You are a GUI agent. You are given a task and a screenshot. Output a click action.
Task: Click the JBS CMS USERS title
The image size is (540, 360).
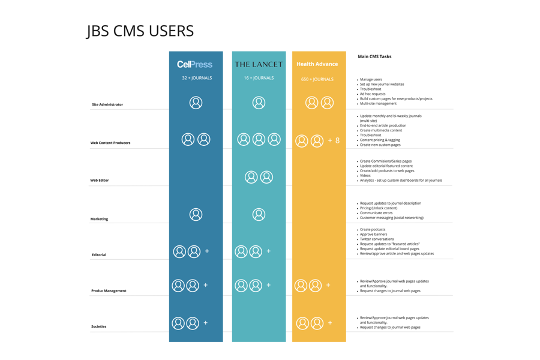140,31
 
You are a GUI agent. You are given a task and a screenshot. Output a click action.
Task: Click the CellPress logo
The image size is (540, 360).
194,64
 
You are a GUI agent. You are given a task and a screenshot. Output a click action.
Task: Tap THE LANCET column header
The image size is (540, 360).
259,64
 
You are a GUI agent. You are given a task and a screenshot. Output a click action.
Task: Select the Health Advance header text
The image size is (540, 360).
317,64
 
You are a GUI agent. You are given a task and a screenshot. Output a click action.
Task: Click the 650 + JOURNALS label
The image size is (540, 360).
317,79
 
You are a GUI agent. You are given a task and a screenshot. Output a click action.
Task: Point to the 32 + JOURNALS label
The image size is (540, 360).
197,78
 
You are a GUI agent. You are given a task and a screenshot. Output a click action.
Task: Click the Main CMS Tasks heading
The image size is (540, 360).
374,56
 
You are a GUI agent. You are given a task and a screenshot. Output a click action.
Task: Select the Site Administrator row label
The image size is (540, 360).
107,104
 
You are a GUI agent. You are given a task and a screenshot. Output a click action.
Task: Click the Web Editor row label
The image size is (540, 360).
100,180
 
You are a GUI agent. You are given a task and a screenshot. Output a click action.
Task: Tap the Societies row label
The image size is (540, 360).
98,326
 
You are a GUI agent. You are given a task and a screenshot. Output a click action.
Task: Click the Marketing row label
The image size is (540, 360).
99,219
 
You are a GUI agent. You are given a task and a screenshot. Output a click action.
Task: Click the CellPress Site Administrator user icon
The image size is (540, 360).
196,103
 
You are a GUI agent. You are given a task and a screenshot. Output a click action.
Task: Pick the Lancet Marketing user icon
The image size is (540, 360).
259,214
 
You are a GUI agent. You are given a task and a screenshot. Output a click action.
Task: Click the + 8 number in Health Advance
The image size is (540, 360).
334,140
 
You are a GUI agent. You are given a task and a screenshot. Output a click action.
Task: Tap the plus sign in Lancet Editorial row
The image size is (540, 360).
268,251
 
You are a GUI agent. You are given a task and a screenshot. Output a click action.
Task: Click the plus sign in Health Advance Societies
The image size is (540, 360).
330,323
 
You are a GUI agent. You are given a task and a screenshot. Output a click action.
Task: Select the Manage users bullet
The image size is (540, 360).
371,79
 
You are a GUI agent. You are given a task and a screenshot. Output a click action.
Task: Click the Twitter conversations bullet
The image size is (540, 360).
377,239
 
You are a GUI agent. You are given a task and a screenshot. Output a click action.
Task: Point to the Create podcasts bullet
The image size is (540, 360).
373,229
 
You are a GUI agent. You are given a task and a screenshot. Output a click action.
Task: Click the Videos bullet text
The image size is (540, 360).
365,175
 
